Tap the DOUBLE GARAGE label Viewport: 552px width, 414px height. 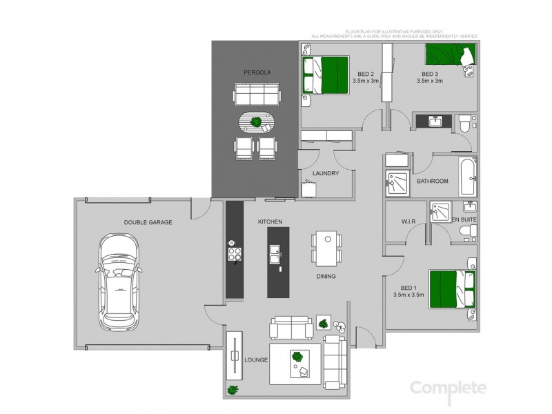point(148,222)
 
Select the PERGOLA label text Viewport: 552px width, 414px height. point(256,72)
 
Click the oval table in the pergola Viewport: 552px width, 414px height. point(256,123)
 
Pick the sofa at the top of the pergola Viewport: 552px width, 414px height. point(257,94)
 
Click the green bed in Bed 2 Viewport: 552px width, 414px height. point(326,75)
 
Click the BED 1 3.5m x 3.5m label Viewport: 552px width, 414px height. point(409,291)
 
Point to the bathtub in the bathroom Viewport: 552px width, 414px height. point(468,176)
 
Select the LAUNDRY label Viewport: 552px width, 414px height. point(325,173)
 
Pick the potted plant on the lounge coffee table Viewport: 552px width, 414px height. point(297,357)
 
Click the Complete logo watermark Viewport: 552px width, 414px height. point(448,388)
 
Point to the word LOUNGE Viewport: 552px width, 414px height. point(256,359)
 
